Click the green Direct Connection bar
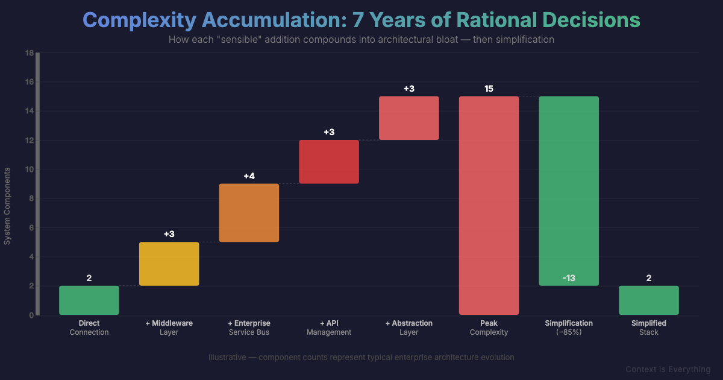point(89,300)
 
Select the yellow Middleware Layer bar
point(169,264)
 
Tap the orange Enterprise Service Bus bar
point(249,213)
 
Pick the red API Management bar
point(329,162)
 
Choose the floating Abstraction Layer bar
point(409,118)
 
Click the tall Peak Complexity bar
point(489,205)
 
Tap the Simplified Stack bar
point(649,300)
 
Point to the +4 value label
point(249,176)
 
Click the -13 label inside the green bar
point(569,278)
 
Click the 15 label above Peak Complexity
point(489,89)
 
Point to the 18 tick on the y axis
point(29,53)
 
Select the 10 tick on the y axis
point(29,169)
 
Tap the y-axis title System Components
point(8,206)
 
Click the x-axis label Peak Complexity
point(489,328)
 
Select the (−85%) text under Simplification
point(569,332)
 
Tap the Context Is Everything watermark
point(668,369)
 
